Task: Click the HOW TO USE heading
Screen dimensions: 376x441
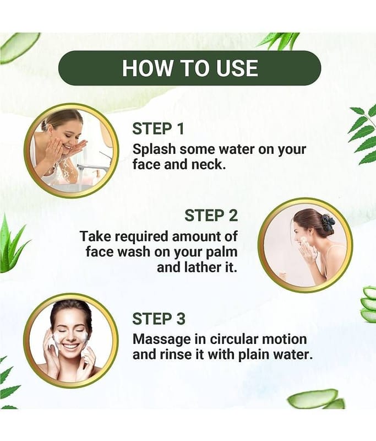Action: pos(190,68)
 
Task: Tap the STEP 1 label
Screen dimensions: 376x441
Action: pos(158,129)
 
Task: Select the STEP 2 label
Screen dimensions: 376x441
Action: pos(211,216)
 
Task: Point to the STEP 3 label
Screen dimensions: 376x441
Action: pos(159,319)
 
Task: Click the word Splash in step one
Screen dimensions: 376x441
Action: pos(154,149)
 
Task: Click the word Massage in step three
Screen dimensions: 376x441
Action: pos(161,340)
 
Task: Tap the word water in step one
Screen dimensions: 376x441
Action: pos(237,149)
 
